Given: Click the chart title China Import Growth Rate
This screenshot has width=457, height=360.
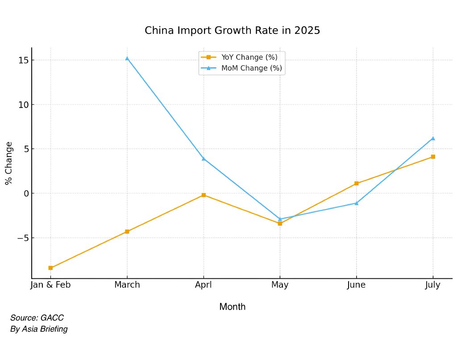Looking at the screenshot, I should (x=232, y=31).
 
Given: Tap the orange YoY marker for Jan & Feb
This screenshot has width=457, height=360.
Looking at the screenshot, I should (x=50, y=268).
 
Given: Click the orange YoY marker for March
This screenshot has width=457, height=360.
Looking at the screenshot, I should (x=127, y=231).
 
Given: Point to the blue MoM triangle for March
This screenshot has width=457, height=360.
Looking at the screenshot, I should (x=127, y=58).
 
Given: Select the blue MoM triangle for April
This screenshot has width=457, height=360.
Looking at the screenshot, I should (x=204, y=158).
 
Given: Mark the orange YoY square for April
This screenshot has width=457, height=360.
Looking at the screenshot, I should (x=204, y=195).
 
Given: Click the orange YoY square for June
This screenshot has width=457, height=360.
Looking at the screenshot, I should (x=357, y=184).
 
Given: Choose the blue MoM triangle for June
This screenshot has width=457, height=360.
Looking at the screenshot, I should (x=357, y=203).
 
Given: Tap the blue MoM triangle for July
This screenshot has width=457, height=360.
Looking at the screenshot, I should (x=433, y=138).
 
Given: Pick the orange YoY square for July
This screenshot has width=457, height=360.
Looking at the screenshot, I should (x=433, y=157).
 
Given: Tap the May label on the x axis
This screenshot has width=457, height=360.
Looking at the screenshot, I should (x=280, y=285).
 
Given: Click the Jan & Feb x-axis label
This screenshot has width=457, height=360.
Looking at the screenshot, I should (x=50, y=285).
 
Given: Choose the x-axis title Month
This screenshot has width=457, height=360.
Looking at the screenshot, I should (x=232, y=307).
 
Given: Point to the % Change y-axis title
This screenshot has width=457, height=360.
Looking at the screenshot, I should (x=8, y=163).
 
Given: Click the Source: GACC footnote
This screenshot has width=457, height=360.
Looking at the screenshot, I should (x=37, y=318).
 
